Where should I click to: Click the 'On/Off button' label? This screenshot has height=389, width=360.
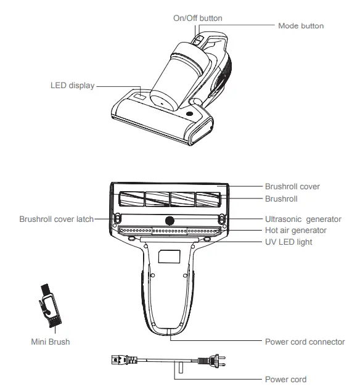[197, 18]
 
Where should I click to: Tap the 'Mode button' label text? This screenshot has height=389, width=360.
[301, 26]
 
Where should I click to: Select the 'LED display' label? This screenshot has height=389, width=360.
[73, 85]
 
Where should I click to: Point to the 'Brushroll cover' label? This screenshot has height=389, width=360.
[292, 186]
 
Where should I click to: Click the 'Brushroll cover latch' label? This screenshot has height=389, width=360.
[57, 219]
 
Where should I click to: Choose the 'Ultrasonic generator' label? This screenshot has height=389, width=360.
[303, 219]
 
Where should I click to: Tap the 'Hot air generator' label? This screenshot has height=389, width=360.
[296, 230]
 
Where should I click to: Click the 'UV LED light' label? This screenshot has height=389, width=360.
[288, 242]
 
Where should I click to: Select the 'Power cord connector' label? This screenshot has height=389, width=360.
[305, 342]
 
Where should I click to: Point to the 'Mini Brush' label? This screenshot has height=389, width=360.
[51, 342]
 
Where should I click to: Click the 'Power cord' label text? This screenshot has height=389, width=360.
[285, 379]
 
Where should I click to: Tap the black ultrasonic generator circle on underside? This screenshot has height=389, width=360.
[170, 221]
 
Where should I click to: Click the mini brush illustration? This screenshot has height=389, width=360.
[50, 305]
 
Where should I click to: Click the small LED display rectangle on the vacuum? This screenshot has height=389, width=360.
[139, 97]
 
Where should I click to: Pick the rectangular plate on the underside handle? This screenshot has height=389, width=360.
[169, 256]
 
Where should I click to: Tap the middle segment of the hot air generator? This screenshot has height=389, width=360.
[170, 231]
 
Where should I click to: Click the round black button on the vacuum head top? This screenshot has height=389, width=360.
[189, 114]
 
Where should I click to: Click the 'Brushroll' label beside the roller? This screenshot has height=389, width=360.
[281, 199]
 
